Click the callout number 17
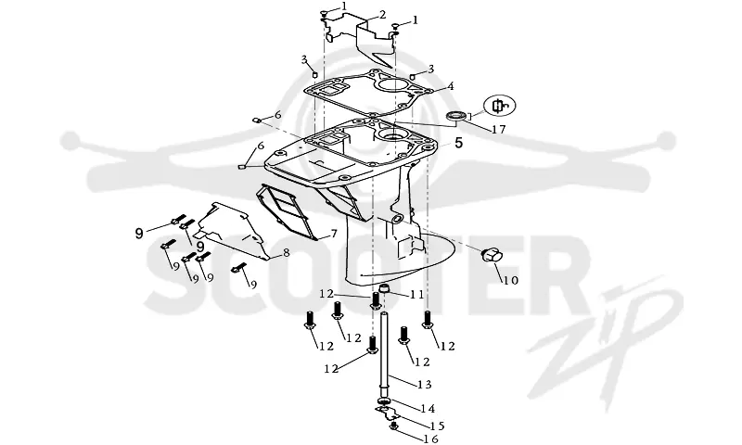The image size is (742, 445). [498, 129]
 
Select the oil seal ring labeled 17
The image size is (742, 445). [457, 116]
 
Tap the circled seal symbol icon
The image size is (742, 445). [499, 106]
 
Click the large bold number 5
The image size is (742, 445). [458, 143]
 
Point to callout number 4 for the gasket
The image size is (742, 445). [451, 86]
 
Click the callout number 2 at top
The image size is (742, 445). [382, 15]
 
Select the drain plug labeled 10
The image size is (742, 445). [490, 255]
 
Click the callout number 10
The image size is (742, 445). [510, 280]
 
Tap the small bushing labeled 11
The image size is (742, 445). [385, 288]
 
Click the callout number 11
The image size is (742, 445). [416, 295]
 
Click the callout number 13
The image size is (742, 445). [425, 385]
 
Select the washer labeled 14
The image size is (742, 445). [385, 402]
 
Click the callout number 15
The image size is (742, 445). [437, 426]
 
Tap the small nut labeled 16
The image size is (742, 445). [393, 427]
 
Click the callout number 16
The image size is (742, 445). [430, 439]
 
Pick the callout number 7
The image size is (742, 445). [334, 234]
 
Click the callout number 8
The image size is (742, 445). [286, 253]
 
